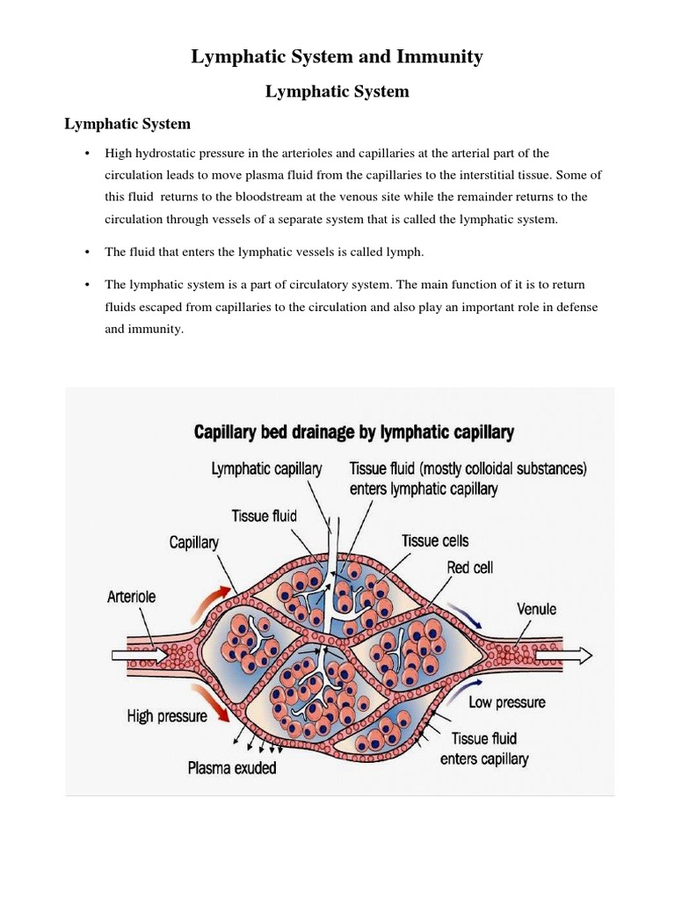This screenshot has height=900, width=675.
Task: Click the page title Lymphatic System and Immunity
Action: (x=337, y=58)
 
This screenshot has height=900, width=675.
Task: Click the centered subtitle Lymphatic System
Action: (x=337, y=91)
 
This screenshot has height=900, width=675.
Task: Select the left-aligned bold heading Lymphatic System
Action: (x=127, y=124)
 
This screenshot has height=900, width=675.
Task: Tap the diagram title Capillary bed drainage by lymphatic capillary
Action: (x=353, y=432)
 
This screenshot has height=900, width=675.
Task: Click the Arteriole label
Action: (x=131, y=597)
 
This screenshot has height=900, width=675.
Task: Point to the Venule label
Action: (x=536, y=608)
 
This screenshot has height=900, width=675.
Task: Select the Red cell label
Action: (x=470, y=568)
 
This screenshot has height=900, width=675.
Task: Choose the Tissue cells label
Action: (x=435, y=541)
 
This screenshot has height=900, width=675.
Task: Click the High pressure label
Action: (x=167, y=716)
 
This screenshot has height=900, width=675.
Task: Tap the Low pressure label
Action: (x=507, y=702)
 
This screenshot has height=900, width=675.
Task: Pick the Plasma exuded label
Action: (x=232, y=768)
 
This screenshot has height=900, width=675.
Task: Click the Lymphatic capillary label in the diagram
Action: (x=267, y=469)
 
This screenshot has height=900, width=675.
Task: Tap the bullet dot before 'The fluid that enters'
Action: (x=88, y=252)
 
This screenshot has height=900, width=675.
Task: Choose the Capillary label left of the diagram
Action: (x=193, y=543)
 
